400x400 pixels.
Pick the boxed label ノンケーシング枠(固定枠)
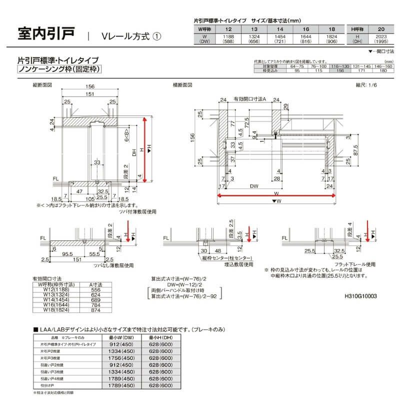[x=58, y=69]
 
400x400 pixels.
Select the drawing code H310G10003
[x=361, y=296]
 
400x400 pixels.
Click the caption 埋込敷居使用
[x=238, y=264]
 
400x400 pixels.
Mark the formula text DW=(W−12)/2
[x=173, y=283]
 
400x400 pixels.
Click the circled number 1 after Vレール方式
[x=156, y=37]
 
